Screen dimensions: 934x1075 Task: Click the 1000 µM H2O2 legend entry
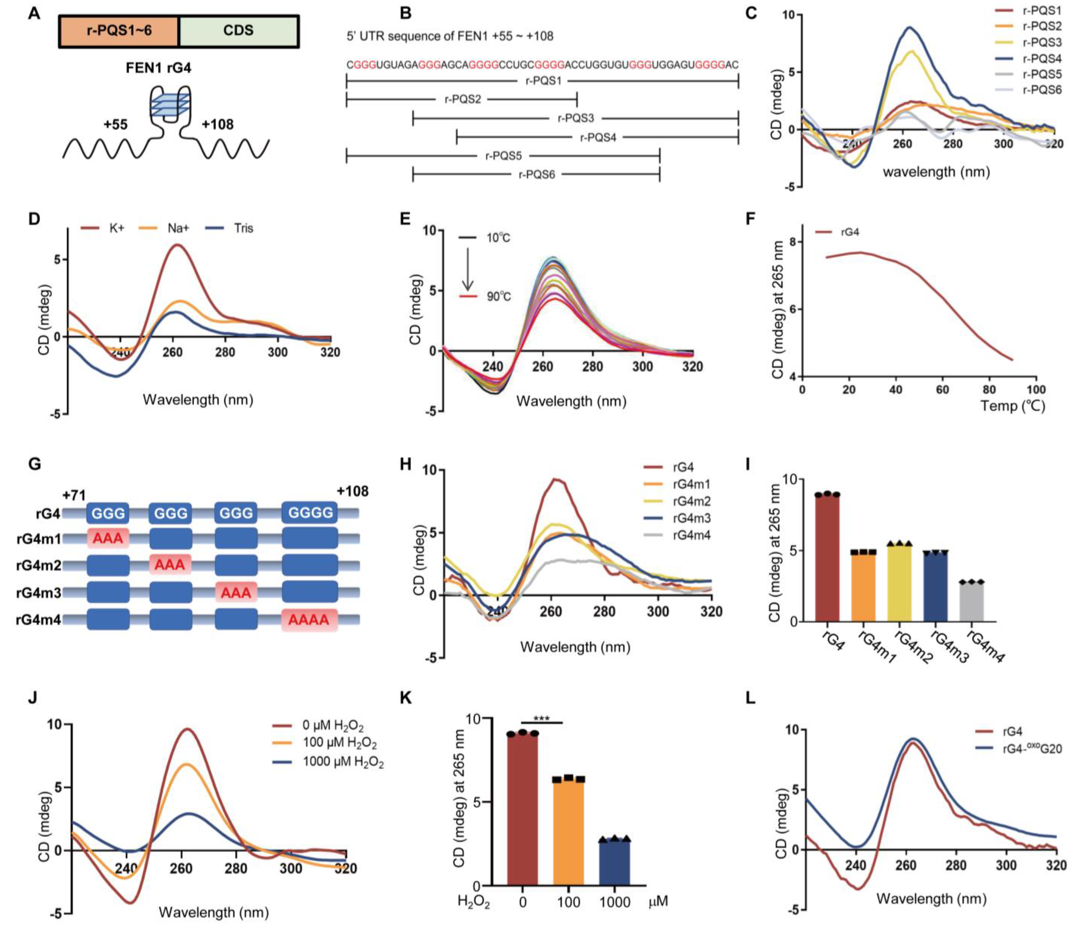(343, 762)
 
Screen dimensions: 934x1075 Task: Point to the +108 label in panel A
(218, 125)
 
